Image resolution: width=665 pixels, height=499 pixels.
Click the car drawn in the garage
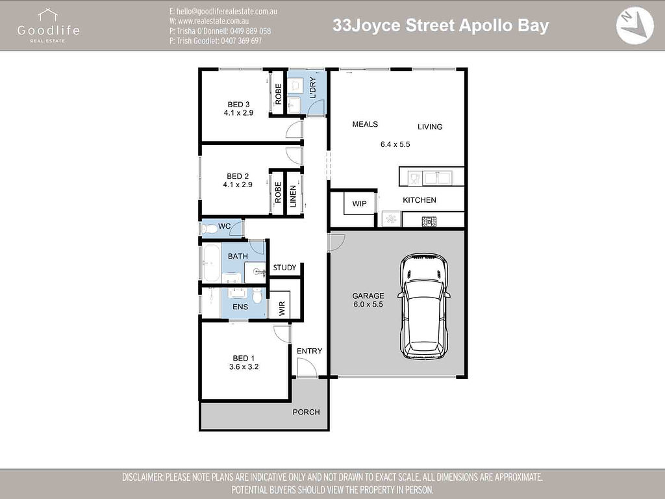[425, 307]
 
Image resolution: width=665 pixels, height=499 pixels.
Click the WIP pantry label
[359, 204]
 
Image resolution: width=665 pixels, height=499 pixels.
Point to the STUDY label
[284, 268]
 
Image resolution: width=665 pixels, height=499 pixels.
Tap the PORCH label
[306, 412]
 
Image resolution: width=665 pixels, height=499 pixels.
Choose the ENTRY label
[309, 352]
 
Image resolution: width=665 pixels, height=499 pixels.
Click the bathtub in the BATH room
[210, 263]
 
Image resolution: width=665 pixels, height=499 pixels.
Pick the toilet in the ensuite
[258, 296]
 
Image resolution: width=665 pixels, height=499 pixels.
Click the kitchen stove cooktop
[429, 222]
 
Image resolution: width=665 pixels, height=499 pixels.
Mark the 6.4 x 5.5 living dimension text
[395, 144]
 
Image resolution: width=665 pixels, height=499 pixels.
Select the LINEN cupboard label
[293, 194]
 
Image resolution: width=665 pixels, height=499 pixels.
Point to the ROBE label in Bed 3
[278, 94]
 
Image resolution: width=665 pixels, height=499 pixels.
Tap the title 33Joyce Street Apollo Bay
[440, 25]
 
